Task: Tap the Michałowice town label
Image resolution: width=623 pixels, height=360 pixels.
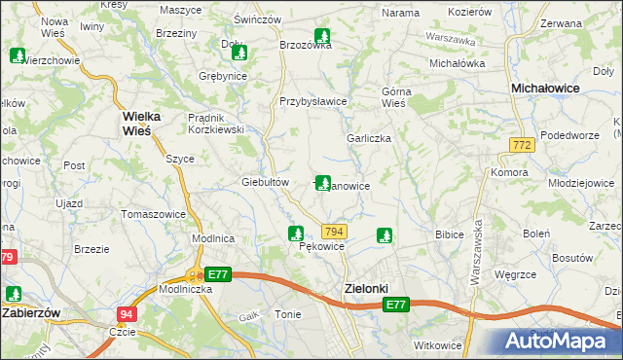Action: click(546, 88)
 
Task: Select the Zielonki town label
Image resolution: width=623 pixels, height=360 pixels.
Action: click(367, 289)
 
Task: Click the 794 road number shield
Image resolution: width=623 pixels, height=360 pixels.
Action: click(334, 231)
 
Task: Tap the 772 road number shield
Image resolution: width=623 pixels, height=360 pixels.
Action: click(521, 144)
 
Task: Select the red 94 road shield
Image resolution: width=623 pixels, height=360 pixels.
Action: click(127, 313)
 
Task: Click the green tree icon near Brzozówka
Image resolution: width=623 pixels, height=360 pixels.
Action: click(321, 38)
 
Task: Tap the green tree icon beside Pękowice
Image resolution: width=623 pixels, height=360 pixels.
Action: click(295, 234)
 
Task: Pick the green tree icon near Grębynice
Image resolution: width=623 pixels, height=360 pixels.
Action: click(239, 54)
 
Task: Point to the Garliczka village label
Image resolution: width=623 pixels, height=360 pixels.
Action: click(369, 138)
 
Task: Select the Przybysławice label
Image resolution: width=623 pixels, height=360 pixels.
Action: click(313, 101)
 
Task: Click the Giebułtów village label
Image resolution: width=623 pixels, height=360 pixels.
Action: click(266, 182)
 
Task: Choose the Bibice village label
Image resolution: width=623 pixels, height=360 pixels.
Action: click(449, 234)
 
